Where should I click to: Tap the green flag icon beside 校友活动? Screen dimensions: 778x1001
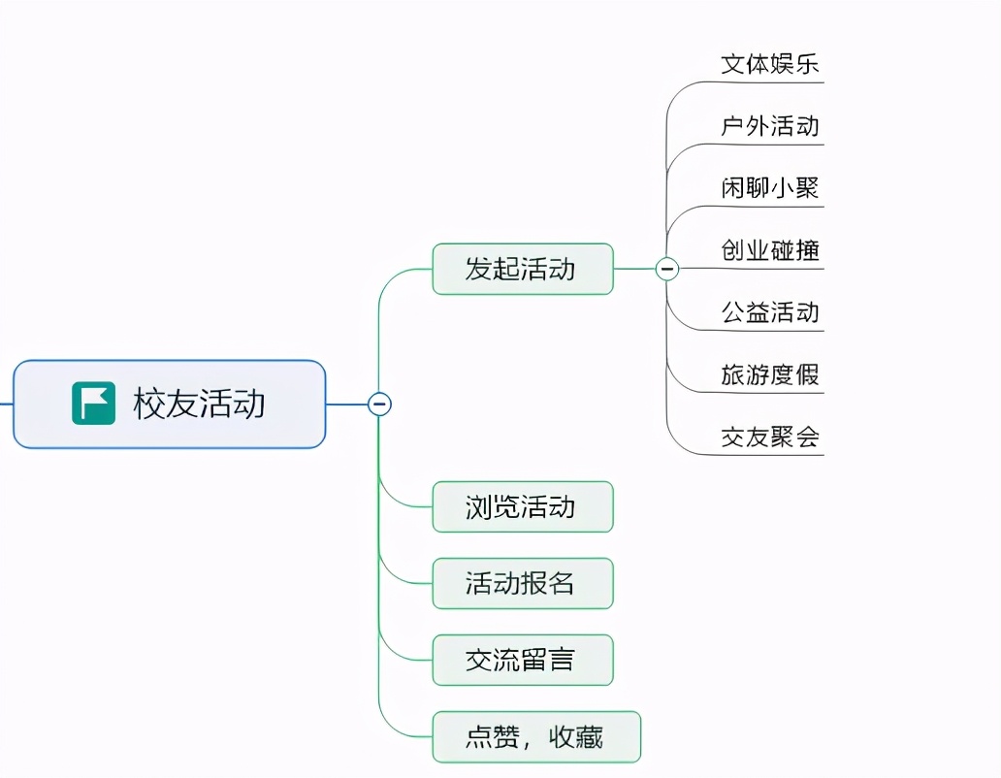coord(93,404)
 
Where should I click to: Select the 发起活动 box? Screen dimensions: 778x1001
coord(522,269)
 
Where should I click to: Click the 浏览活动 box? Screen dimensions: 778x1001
coord(522,506)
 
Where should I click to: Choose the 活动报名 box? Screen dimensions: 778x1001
coord(522,583)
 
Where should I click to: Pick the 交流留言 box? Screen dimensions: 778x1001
coord(522,660)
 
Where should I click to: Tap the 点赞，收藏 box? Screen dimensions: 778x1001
coord(535,737)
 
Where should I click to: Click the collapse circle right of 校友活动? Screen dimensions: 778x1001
coord(379,404)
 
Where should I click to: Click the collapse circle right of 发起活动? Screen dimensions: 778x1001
coord(667,269)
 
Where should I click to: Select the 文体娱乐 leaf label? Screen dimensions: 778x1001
coord(770,64)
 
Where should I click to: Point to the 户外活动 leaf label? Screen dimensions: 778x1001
coord(770,126)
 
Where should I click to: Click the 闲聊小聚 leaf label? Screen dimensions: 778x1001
coord(770,188)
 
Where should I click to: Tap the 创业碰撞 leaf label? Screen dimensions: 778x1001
coord(770,250)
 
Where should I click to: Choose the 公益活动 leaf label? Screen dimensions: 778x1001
coord(770,312)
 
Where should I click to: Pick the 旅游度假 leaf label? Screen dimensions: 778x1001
coord(770,374)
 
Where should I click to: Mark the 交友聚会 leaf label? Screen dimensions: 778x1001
coord(770,437)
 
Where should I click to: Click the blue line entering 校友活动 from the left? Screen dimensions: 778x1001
coord(6,404)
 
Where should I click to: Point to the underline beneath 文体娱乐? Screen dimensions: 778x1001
coord(766,82)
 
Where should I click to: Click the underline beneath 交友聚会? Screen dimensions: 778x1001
coord(766,454)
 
